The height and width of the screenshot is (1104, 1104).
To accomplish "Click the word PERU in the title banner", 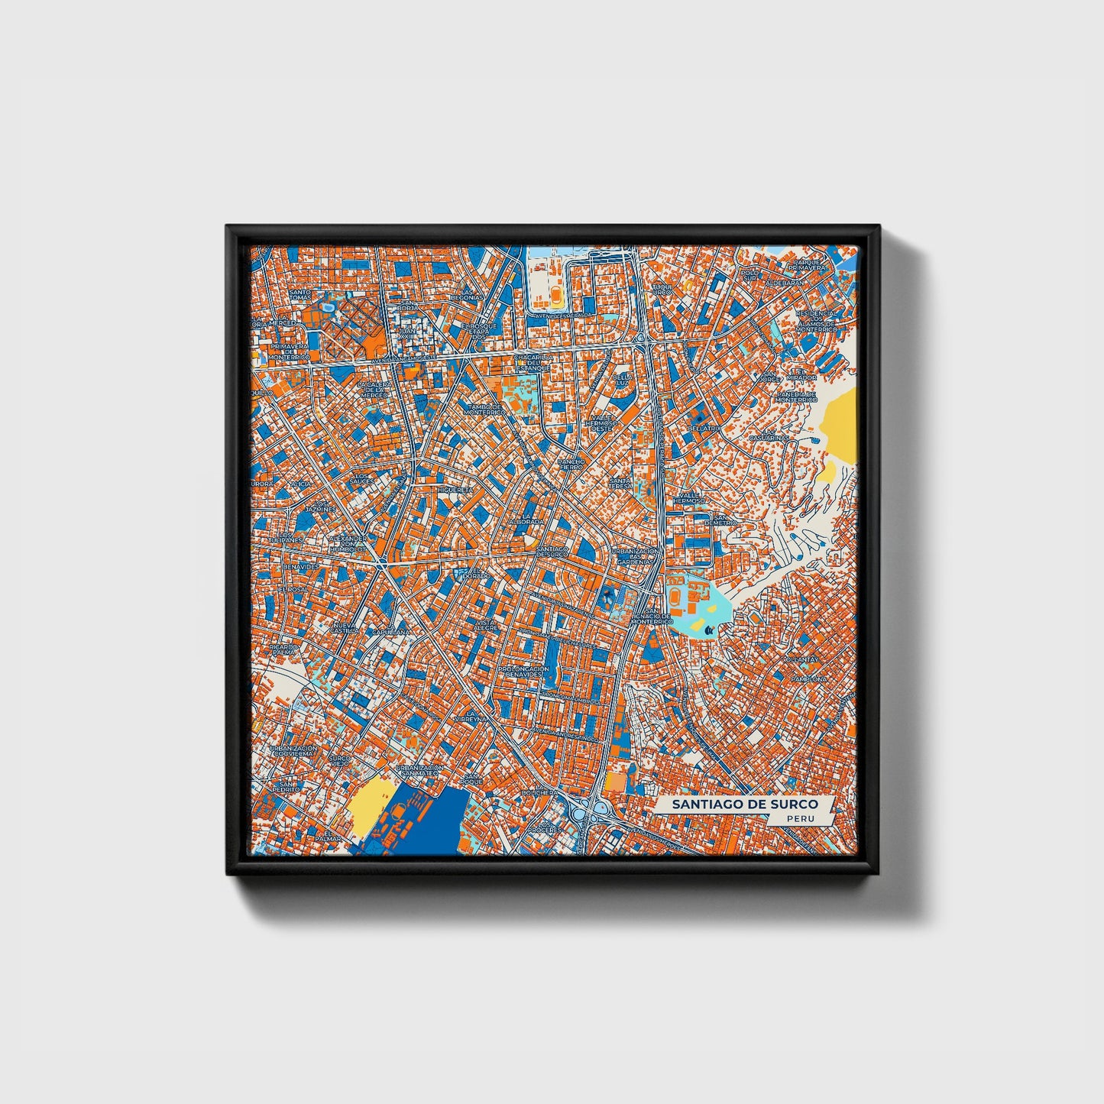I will pos(801,818).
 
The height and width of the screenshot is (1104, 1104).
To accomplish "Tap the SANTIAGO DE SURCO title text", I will pos(744,805).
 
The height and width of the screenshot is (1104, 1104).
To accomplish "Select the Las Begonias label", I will pos(466,293).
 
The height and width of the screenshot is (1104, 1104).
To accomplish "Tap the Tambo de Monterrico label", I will pos(487,410).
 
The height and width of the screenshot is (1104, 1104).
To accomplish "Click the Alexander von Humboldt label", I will pos(348,542).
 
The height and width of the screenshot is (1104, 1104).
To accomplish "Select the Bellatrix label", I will pos(702,429).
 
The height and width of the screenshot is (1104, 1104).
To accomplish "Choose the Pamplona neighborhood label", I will pos(809,678).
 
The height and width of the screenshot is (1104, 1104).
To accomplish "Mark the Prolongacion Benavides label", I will pos(524,672).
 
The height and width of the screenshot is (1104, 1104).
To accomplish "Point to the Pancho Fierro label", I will pos(571,464).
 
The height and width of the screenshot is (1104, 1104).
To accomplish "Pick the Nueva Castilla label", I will pos(345,628).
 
